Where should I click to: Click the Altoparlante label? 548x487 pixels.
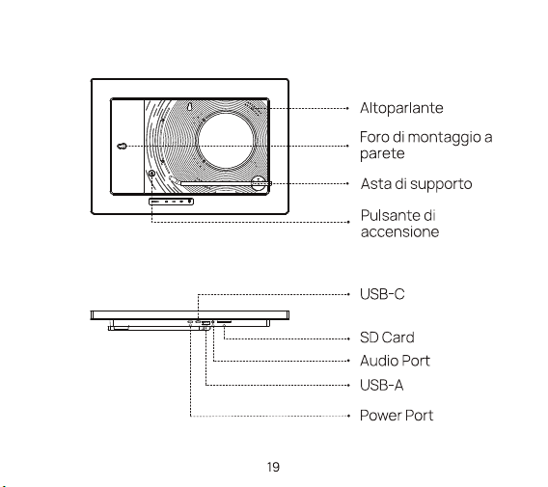401,108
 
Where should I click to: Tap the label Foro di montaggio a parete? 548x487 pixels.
426,145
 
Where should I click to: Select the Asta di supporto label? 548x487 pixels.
416,184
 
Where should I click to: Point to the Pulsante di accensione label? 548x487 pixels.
399,224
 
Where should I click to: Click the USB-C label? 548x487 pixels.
382,294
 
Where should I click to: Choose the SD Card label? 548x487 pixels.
387,338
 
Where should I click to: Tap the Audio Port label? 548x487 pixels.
395,361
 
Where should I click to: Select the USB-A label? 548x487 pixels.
382,386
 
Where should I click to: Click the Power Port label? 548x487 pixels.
397,416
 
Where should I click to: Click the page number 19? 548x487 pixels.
273,467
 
